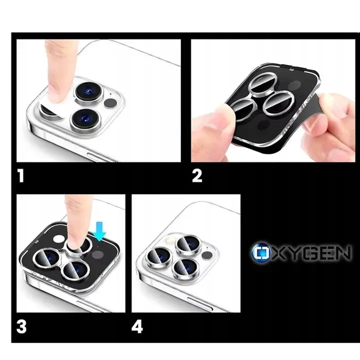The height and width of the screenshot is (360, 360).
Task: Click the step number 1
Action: [x=21, y=176]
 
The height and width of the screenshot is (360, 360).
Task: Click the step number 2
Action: [x=197, y=176]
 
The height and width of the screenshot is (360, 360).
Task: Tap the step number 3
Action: [x=21, y=326]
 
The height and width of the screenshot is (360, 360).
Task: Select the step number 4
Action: [x=137, y=326]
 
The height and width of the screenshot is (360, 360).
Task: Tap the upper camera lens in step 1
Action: [x=88, y=92]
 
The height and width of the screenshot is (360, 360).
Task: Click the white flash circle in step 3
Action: [x=59, y=239]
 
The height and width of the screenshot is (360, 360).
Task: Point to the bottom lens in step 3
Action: [x=76, y=271]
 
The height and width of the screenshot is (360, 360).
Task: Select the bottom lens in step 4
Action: [x=185, y=267]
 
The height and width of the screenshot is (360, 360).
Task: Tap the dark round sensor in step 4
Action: [x=207, y=254]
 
